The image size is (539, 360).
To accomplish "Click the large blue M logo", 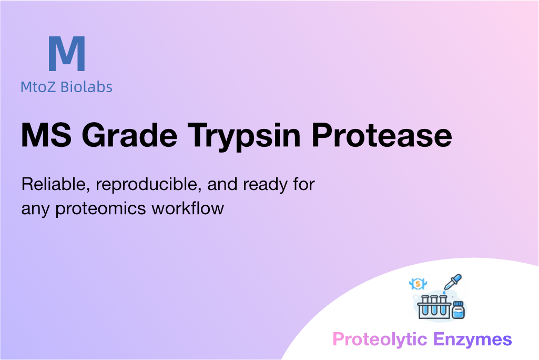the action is pos(67,53).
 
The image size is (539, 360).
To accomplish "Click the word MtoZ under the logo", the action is pos(38,87).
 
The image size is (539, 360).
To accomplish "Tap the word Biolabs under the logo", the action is pos(86,87).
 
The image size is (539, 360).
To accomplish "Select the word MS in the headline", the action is pos(46,135).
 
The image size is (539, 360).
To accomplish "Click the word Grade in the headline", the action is pos(129,135).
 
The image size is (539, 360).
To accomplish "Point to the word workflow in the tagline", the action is pos(188,208).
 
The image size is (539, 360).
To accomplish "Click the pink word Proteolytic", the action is pos(380,339).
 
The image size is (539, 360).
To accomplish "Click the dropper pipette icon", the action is pos(453,282).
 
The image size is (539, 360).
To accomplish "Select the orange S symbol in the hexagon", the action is pos(418,284).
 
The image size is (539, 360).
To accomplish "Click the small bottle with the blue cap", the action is pos(458,310).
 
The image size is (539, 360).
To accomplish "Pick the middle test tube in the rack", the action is pos(434,306).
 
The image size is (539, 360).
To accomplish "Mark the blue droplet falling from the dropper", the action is pos(444,293).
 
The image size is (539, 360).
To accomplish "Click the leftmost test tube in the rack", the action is pos(425,306).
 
